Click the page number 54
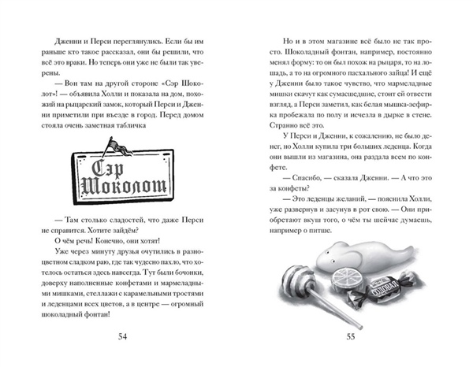[x=122, y=337]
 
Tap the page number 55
[x=352, y=337]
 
